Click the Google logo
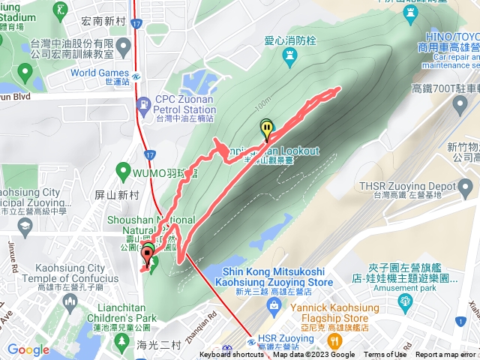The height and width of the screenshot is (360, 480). click(x=28, y=349)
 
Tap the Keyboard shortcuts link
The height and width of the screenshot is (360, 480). click(x=232, y=355)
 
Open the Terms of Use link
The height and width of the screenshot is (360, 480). click(x=385, y=355)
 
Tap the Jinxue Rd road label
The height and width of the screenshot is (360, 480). click(x=13, y=255)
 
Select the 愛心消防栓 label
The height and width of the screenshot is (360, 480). click(x=289, y=41)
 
